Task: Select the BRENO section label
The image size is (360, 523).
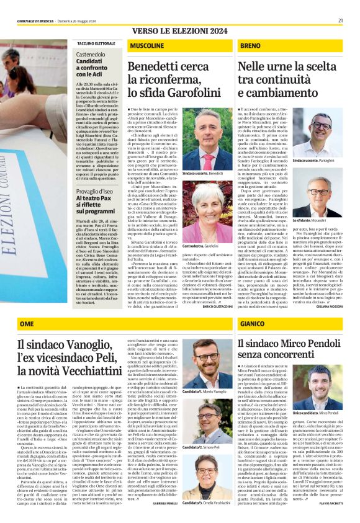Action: (x=250, y=47)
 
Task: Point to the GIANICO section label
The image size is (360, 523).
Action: (x=253, y=324)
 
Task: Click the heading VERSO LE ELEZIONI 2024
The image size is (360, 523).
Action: (x=179, y=30)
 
